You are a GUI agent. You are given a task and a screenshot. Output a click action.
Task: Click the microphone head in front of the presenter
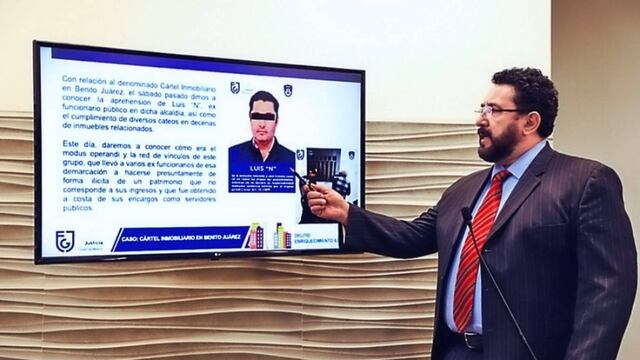[466, 213]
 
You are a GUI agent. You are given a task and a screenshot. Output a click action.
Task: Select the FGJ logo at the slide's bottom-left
[64, 240]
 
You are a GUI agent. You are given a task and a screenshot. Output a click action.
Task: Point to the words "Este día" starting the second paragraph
[81, 143]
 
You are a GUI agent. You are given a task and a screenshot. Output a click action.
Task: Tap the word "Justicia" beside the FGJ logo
[93, 242]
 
